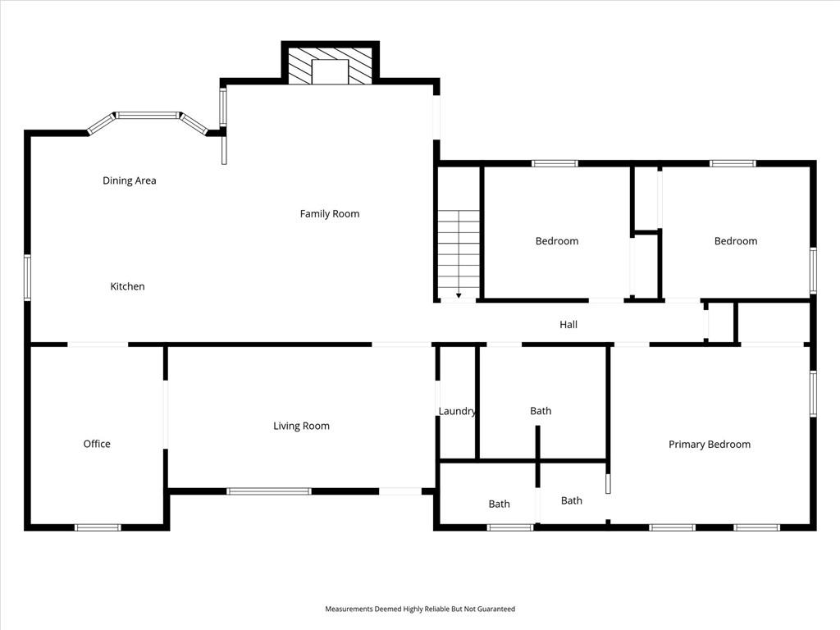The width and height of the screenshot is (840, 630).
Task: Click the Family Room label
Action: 330,214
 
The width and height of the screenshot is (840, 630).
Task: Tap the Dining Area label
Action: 129,180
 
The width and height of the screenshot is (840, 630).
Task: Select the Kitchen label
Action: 127,286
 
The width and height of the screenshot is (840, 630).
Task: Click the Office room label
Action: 97,444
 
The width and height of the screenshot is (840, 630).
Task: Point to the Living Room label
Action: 301,426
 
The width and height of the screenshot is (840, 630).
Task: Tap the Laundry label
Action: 457,411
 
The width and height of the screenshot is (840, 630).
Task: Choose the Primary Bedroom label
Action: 710,444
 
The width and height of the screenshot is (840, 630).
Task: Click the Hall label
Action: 568,324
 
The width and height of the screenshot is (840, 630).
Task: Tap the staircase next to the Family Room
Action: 459,254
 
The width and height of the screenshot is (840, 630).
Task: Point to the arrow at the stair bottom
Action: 459,295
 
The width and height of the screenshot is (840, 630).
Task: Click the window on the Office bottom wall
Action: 98,527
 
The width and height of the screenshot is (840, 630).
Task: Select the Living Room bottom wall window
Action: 269,491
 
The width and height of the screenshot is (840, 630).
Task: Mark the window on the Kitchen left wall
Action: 27,277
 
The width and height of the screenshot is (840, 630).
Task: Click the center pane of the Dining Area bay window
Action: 148,115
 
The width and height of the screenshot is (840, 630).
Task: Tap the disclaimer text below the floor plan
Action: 420,609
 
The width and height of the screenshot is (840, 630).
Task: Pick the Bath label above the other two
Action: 541,411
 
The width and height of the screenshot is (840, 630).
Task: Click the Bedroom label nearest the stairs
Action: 557,241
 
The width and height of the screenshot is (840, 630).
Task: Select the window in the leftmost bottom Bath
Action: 510,527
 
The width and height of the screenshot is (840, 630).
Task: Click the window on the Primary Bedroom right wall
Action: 813,394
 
